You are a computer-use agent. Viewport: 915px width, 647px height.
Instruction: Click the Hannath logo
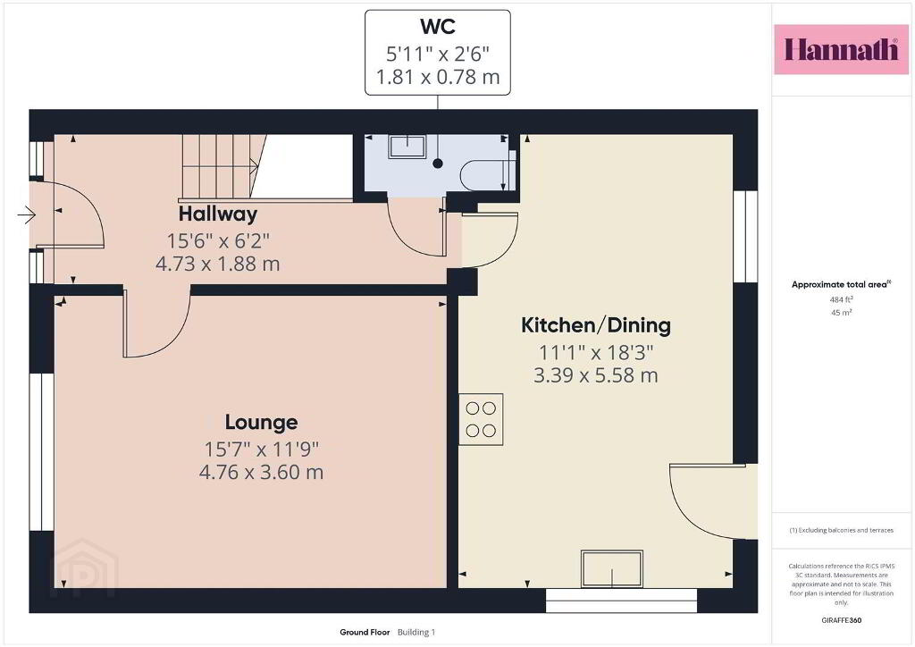click(841, 49)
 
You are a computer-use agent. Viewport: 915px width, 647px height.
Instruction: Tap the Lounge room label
click(262, 422)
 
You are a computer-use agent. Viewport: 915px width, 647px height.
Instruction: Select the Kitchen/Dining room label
click(596, 325)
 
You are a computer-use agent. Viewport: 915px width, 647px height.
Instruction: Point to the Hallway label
click(218, 214)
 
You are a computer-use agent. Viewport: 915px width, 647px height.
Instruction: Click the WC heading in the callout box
click(438, 26)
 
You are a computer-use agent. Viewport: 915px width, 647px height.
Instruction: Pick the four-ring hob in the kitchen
click(481, 419)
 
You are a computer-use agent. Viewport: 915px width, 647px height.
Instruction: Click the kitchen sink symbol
click(611, 568)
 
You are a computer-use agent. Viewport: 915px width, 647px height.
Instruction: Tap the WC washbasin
click(407, 147)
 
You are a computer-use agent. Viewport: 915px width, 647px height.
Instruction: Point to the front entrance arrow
click(27, 215)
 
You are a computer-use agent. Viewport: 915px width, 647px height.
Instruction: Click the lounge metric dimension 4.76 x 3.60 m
click(262, 471)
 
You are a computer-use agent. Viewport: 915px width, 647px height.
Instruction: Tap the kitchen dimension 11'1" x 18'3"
click(596, 352)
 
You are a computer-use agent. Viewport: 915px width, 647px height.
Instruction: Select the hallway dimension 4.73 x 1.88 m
click(218, 264)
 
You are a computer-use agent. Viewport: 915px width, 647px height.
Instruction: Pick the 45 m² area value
click(842, 312)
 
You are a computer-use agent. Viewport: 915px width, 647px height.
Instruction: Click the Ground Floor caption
click(365, 632)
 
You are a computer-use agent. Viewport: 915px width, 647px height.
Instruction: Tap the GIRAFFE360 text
click(842, 620)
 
